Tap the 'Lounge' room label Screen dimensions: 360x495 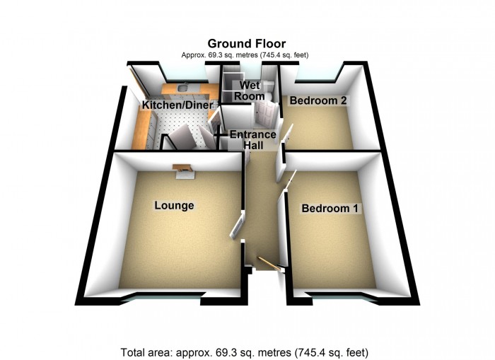[x=174, y=206]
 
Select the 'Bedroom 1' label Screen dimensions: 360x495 [x=330, y=209]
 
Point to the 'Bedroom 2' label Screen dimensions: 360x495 [x=318, y=101]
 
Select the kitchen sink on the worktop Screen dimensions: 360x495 [x=182, y=88]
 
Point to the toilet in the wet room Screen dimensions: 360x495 [x=260, y=95]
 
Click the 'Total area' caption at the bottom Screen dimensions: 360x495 [x=245, y=352]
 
